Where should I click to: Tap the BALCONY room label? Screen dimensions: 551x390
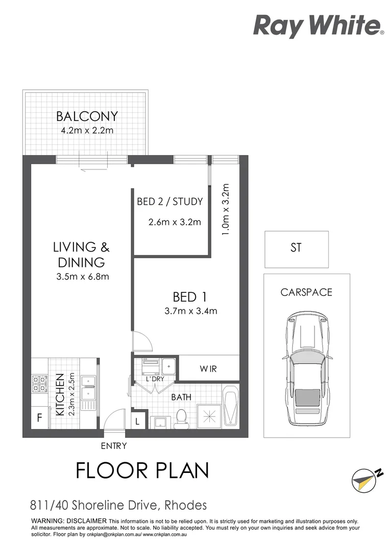87,116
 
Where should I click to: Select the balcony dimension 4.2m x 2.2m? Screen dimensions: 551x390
87,130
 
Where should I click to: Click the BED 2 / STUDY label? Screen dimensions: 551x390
169,202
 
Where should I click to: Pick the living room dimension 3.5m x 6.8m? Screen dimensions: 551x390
82,277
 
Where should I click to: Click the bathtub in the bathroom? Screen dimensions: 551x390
231,408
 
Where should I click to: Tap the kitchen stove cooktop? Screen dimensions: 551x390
39,383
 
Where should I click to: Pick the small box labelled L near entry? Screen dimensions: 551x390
138,421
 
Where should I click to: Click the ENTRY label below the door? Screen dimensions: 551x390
113,445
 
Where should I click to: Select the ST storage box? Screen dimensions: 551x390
296,249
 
